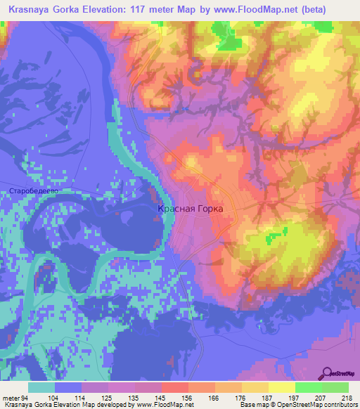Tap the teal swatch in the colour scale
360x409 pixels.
click(41, 387)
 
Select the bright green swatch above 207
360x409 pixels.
click(308, 387)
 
